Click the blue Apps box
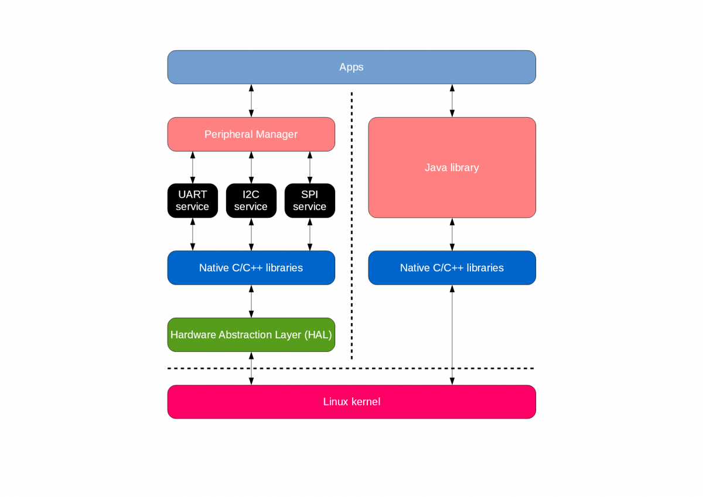point(351,67)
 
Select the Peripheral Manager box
point(251,134)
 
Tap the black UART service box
point(192,201)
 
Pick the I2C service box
point(251,201)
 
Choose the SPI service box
point(309,201)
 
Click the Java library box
point(452,167)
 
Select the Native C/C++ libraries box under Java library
point(452,268)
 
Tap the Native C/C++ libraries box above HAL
point(251,268)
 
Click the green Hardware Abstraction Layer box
point(251,335)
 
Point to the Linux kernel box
point(351,402)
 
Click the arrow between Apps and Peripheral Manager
point(251,101)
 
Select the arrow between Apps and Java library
point(452,101)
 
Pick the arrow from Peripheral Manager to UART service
point(192,167)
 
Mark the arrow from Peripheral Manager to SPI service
point(309,167)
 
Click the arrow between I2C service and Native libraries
point(251,234)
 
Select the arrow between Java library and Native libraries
point(452,234)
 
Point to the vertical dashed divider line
point(351,225)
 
